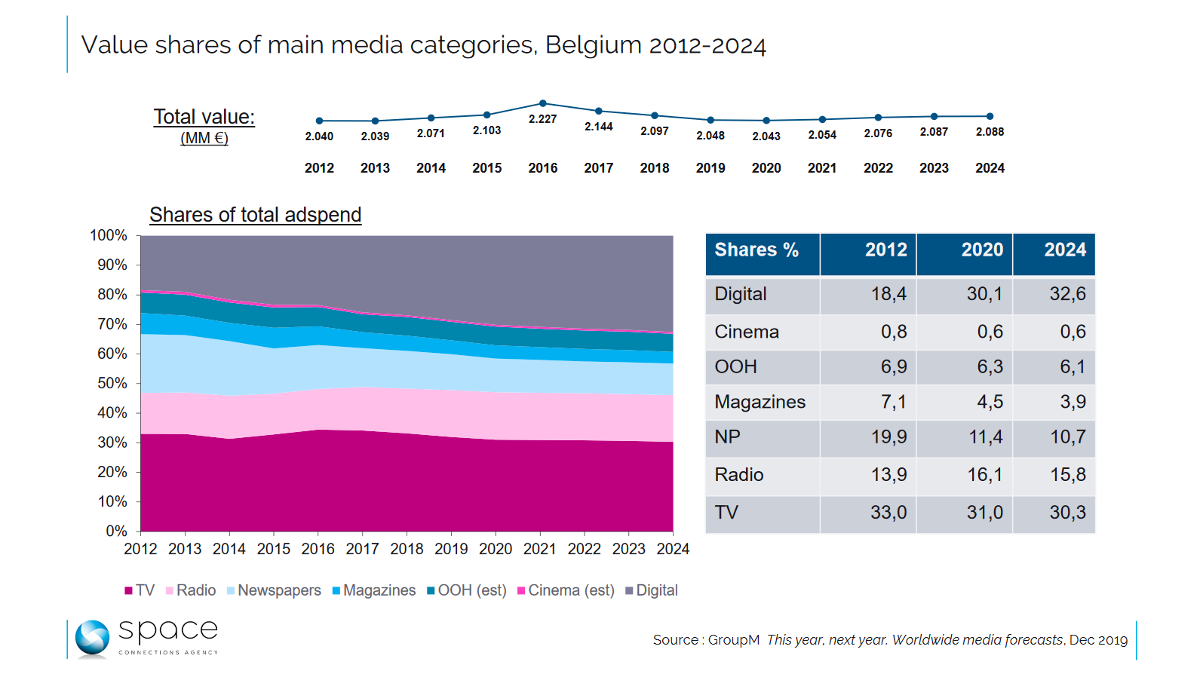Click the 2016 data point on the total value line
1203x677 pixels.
click(x=543, y=103)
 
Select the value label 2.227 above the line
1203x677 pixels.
click(x=543, y=119)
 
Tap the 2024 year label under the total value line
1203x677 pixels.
click(x=990, y=168)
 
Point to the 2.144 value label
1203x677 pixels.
click(x=599, y=127)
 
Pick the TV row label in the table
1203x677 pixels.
click(x=727, y=513)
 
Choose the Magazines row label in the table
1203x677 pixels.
click(x=760, y=402)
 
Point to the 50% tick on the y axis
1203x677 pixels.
click(x=112, y=383)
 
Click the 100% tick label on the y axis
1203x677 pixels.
click(x=109, y=235)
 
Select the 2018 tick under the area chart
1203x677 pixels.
click(x=407, y=549)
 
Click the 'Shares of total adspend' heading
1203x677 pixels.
click(x=256, y=215)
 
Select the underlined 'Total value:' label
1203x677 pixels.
click(x=204, y=117)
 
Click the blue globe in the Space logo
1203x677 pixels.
click(x=92, y=638)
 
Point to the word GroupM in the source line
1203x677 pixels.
click(x=733, y=640)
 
